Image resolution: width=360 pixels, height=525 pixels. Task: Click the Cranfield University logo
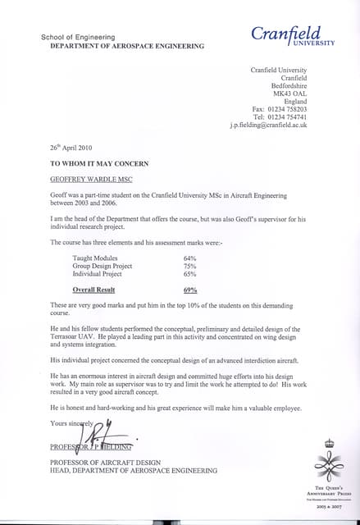pyautogui.click(x=293, y=36)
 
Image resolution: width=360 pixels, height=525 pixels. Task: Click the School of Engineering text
pyautogui.click(x=78, y=38)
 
